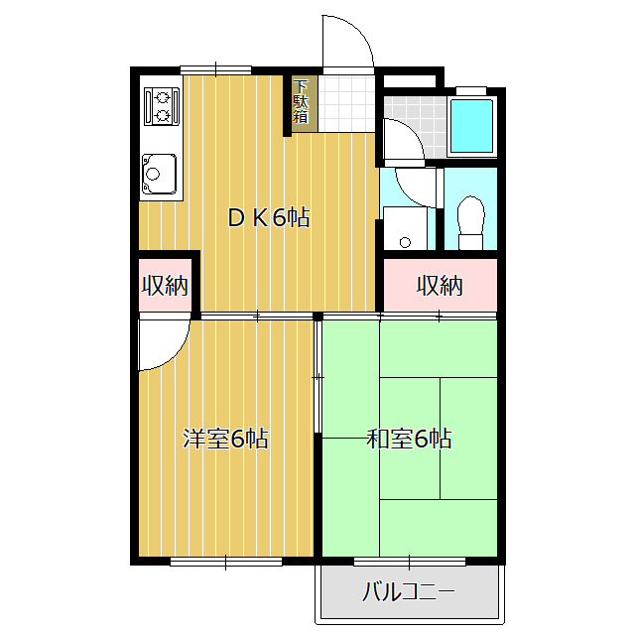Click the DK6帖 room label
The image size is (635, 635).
point(269,217)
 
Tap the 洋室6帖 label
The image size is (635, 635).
point(225,438)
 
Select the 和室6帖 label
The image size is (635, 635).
point(409,438)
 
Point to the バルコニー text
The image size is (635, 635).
point(408,591)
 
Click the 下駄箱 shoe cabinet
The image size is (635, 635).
point(301,103)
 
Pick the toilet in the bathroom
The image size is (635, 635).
point(471,222)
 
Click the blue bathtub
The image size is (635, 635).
point(472,126)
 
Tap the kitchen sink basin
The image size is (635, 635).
point(159,174)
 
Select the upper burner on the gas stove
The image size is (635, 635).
point(163,97)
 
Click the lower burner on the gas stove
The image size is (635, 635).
point(163,116)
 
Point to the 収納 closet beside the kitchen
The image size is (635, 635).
point(165,285)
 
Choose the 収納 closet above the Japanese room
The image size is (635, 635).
point(441,285)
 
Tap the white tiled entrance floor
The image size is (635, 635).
point(346,103)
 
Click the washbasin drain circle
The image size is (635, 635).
point(405,242)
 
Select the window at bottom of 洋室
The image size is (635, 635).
point(226,562)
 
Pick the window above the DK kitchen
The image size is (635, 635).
point(216,70)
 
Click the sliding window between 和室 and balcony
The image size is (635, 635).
point(410,562)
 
